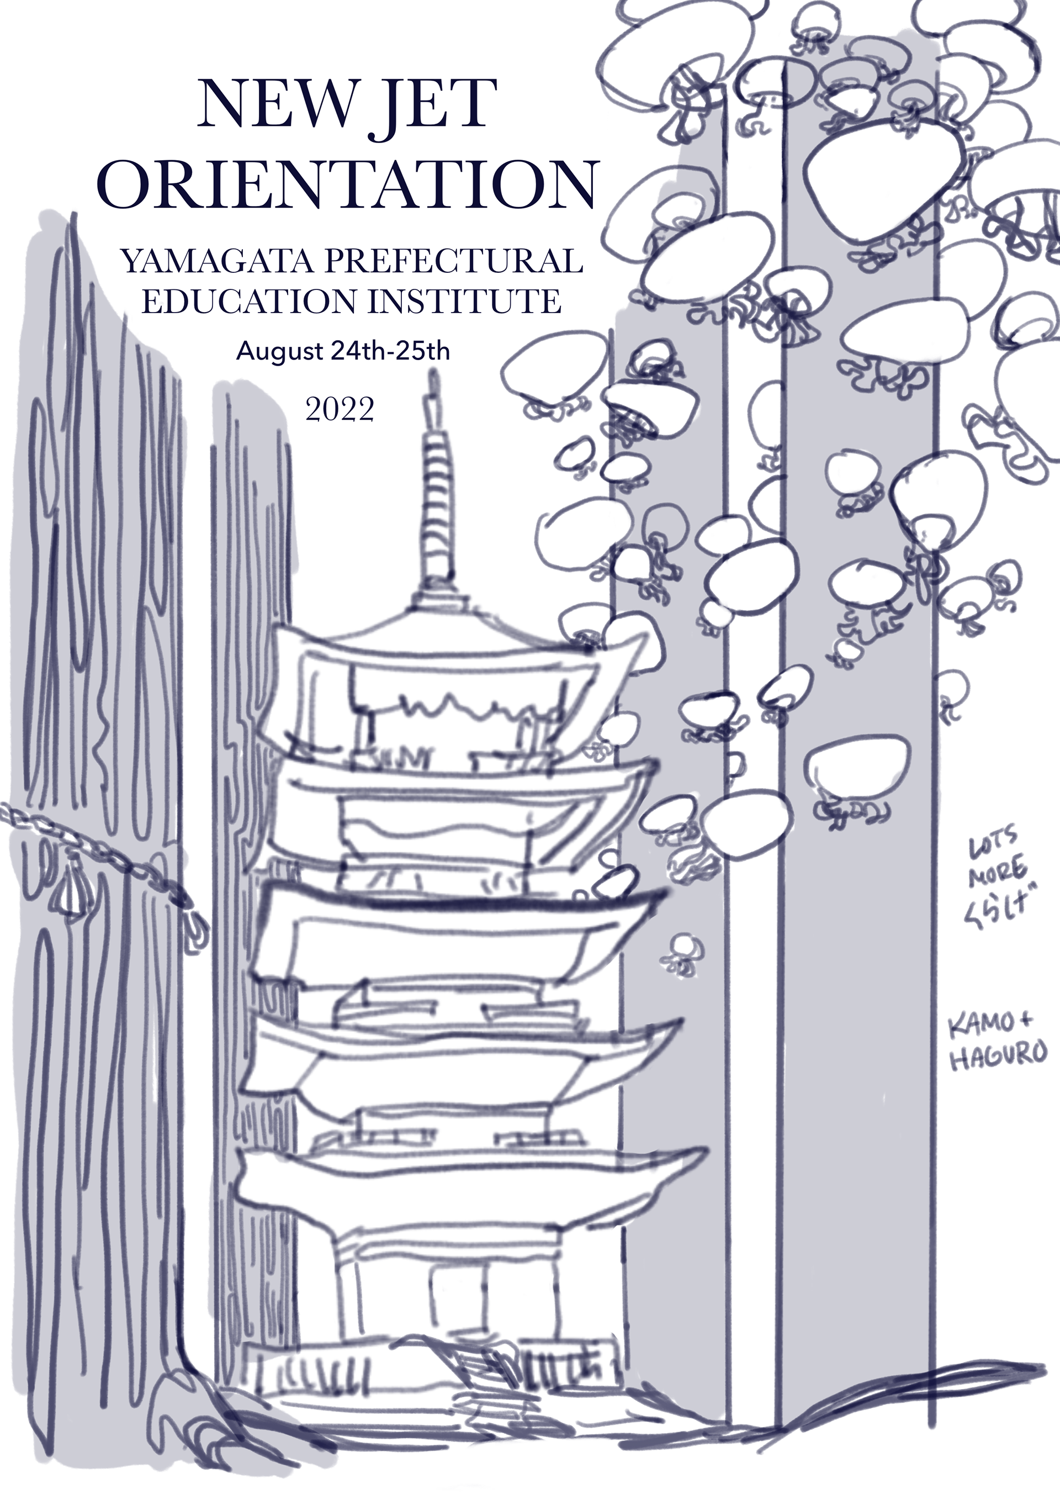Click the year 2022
coord(340,410)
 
